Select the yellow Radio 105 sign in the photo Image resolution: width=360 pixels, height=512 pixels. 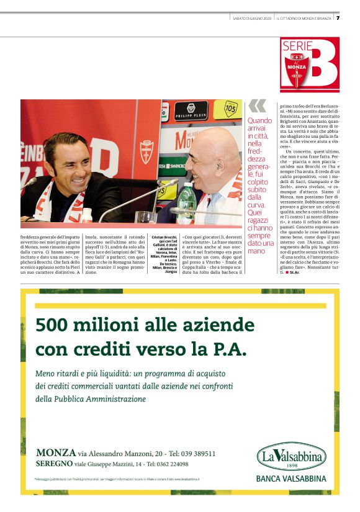[230, 109]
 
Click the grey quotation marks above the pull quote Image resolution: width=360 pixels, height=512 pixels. [257, 106]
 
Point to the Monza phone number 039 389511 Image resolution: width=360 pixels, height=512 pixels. [195, 453]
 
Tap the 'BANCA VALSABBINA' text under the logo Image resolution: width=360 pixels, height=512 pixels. [290, 478]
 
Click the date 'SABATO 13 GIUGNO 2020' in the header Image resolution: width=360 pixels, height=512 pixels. [252, 18]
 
